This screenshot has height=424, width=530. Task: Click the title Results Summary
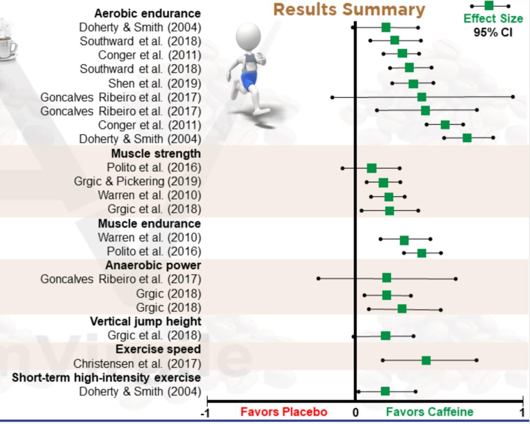[349, 9]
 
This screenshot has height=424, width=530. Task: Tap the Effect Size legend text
[493, 19]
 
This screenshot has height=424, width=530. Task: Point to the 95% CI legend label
[493, 32]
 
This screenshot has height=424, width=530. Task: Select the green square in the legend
[489, 5]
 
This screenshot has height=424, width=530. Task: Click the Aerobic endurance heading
[147, 13]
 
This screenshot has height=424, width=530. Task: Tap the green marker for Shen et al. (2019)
[413, 83]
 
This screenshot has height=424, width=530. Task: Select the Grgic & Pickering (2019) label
[137, 181]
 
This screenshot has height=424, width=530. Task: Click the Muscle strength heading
[156, 154]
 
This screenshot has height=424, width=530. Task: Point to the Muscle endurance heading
[149, 224]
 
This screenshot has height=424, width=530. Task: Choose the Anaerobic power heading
[153, 265]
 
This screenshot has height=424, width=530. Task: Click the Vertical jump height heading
[145, 321]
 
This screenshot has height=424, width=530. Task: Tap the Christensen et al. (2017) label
[137, 364]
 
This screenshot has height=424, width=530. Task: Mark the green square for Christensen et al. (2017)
[426, 361]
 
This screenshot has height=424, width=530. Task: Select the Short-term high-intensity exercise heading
[106, 377]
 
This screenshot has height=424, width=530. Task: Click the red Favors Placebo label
[284, 412]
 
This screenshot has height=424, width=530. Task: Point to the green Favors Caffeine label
[429, 412]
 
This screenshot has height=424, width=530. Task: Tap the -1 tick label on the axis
[206, 413]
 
